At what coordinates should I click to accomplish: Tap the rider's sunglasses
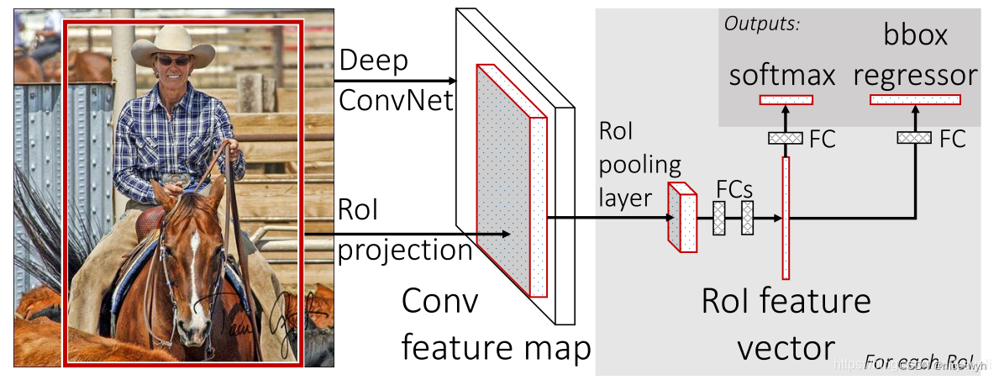coord(173,61)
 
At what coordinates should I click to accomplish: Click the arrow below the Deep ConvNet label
coord(395,81)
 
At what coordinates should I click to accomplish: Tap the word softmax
coord(781,75)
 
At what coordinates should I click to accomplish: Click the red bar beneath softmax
coord(786,100)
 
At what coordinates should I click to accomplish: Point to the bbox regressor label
coord(915,55)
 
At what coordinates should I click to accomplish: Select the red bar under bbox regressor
coord(914,100)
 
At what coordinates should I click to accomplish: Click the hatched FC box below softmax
coord(786,138)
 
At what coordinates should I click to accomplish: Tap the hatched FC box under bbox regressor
coord(914,138)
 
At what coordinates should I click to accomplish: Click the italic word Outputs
coord(761,24)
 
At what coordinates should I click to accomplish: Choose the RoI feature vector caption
coord(786,324)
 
